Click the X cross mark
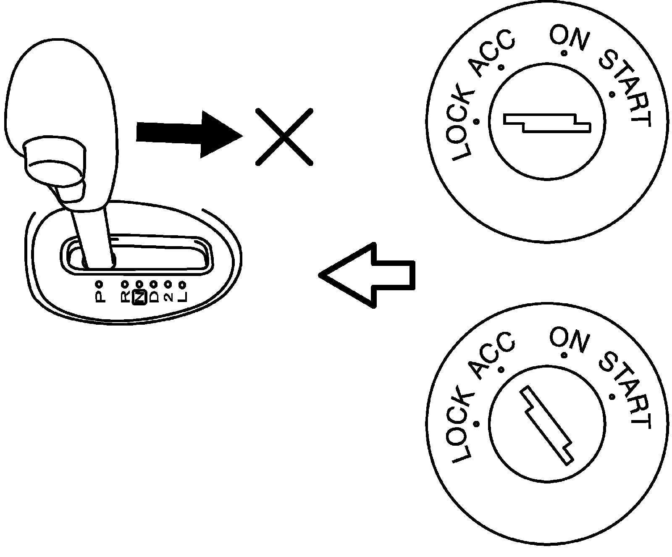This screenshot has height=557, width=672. click(x=284, y=137)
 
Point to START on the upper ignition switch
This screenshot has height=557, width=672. click(x=626, y=89)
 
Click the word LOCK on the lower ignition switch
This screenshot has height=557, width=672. click(x=462, y=428)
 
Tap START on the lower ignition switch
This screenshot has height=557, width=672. click(x=626, y=391)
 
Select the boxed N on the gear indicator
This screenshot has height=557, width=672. click(x=139, y=297)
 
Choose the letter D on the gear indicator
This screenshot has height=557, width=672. click(x=154, y=297)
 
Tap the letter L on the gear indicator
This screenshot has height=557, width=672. click(x=182, y=297)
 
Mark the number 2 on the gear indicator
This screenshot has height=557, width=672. click(x=168, y=297)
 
